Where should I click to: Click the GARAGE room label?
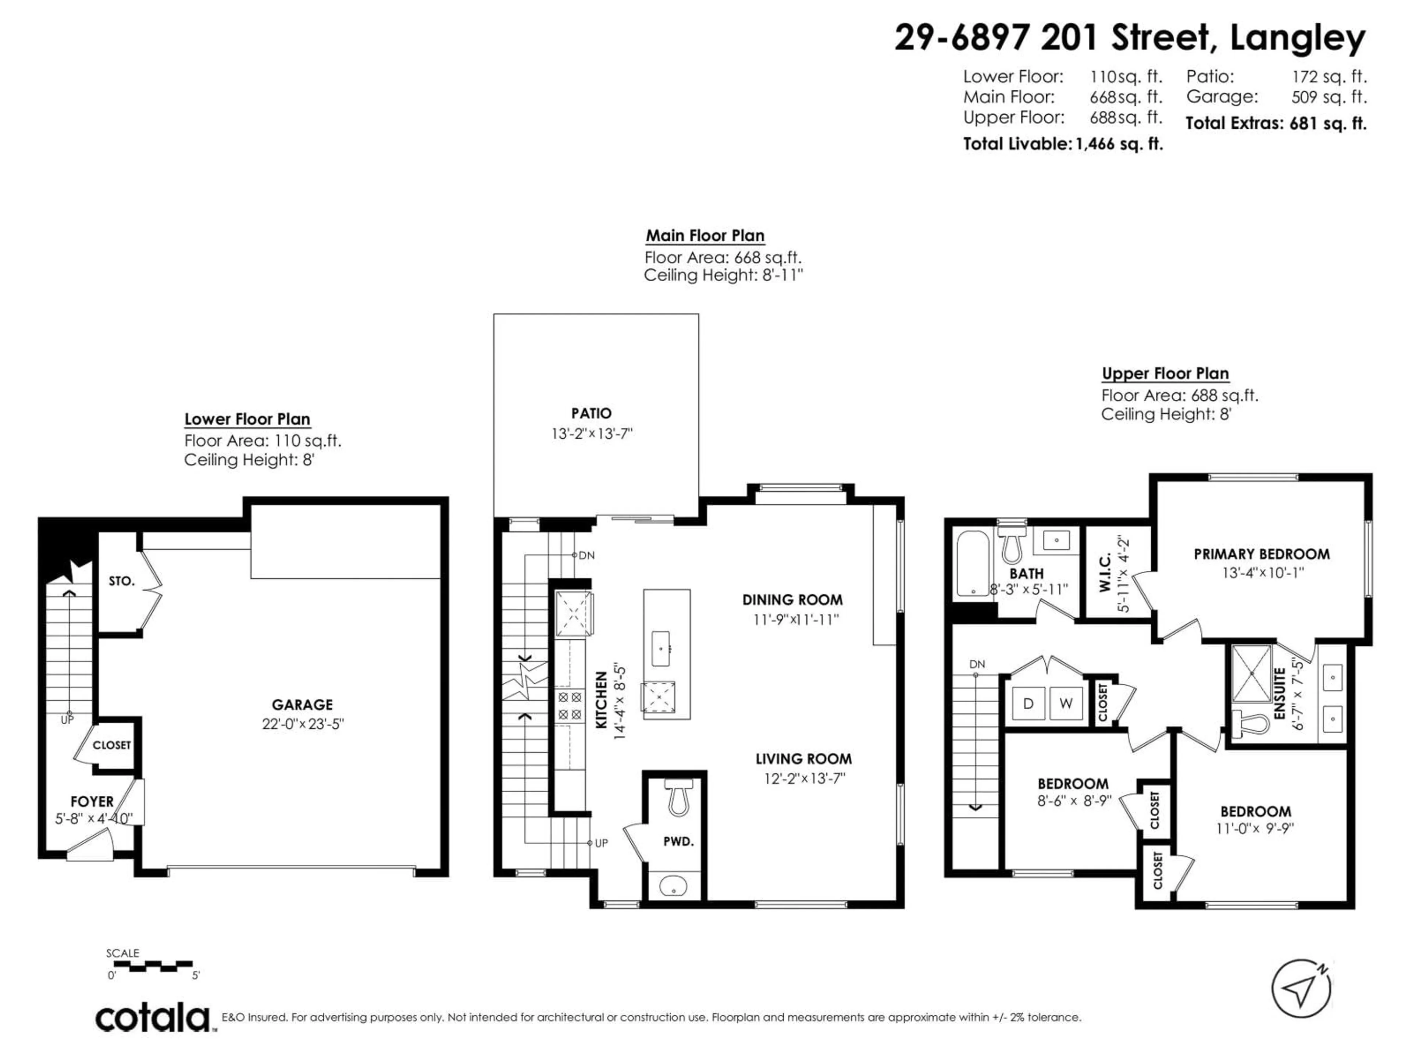[x=302, y=705]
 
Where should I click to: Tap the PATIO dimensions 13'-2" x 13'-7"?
[x=592, y=434]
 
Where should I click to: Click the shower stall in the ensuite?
[x=1251, y=673]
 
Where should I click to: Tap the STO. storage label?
[x=121, y=581]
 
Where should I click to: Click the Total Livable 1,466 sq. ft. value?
[x=1119, y=144]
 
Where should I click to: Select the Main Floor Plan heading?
[x=705, y=236]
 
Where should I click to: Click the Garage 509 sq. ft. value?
[x=1329, y=97]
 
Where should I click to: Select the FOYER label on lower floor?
[x=92, y=801]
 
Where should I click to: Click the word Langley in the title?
[x=1297, y=38]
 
